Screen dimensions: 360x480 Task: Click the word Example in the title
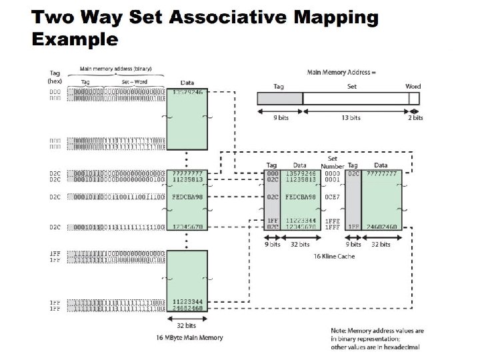tap(75, 39)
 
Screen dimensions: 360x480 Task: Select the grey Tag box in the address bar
tap(280, 99)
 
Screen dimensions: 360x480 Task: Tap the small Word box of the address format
tap(414, 99)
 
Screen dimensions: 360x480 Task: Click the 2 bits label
tap(415, 117)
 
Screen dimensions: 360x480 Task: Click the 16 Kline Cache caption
tap(334, 256)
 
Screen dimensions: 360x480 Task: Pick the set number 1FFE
tap(332, 220)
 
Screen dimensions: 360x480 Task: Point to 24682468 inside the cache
tap(381, 227)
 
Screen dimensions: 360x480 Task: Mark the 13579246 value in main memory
tap(189, 92)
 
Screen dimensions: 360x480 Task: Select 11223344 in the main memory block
tap(189, 302)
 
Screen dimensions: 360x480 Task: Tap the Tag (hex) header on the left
tap(55, 77)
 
